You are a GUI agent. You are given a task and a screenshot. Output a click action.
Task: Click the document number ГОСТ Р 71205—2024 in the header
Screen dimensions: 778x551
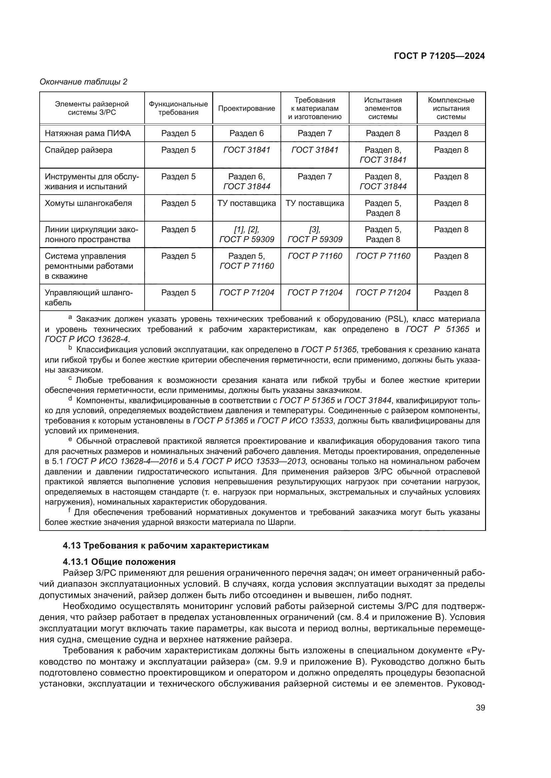point(439,56)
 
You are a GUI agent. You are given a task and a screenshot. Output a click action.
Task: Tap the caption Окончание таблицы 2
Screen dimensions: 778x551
point(84,82)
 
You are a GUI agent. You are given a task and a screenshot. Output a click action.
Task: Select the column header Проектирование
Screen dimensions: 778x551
point(246,108)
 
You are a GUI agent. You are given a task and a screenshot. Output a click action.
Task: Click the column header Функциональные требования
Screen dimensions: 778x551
point(178,108)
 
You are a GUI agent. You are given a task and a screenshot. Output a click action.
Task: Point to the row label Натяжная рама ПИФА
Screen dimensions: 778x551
point(88,133)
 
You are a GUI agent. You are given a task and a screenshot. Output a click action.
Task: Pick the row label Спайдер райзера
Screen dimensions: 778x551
point(78,150)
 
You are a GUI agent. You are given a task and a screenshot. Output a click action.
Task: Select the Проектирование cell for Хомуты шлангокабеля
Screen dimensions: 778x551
point(246,203)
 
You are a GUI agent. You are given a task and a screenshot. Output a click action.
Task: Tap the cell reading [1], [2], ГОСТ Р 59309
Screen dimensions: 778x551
point(246,234)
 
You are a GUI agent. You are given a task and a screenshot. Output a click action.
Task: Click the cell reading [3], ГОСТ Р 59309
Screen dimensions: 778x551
point(314,234)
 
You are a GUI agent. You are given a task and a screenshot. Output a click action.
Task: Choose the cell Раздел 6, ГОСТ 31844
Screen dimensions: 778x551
point(246,181)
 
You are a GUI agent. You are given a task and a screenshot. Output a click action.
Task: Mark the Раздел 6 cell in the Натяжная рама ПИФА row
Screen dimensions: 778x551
point(246,133)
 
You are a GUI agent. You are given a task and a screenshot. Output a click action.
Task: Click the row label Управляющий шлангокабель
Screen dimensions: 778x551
point(89,297)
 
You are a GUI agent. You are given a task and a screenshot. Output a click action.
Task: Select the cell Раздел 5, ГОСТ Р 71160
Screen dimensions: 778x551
point(246,261)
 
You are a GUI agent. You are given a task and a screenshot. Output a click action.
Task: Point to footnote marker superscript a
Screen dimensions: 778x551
point(70,318)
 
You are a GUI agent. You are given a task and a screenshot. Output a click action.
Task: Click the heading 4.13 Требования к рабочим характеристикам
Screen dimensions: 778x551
point(166,545)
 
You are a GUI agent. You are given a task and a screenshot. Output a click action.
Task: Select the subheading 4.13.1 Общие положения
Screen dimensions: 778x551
point(119,562)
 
